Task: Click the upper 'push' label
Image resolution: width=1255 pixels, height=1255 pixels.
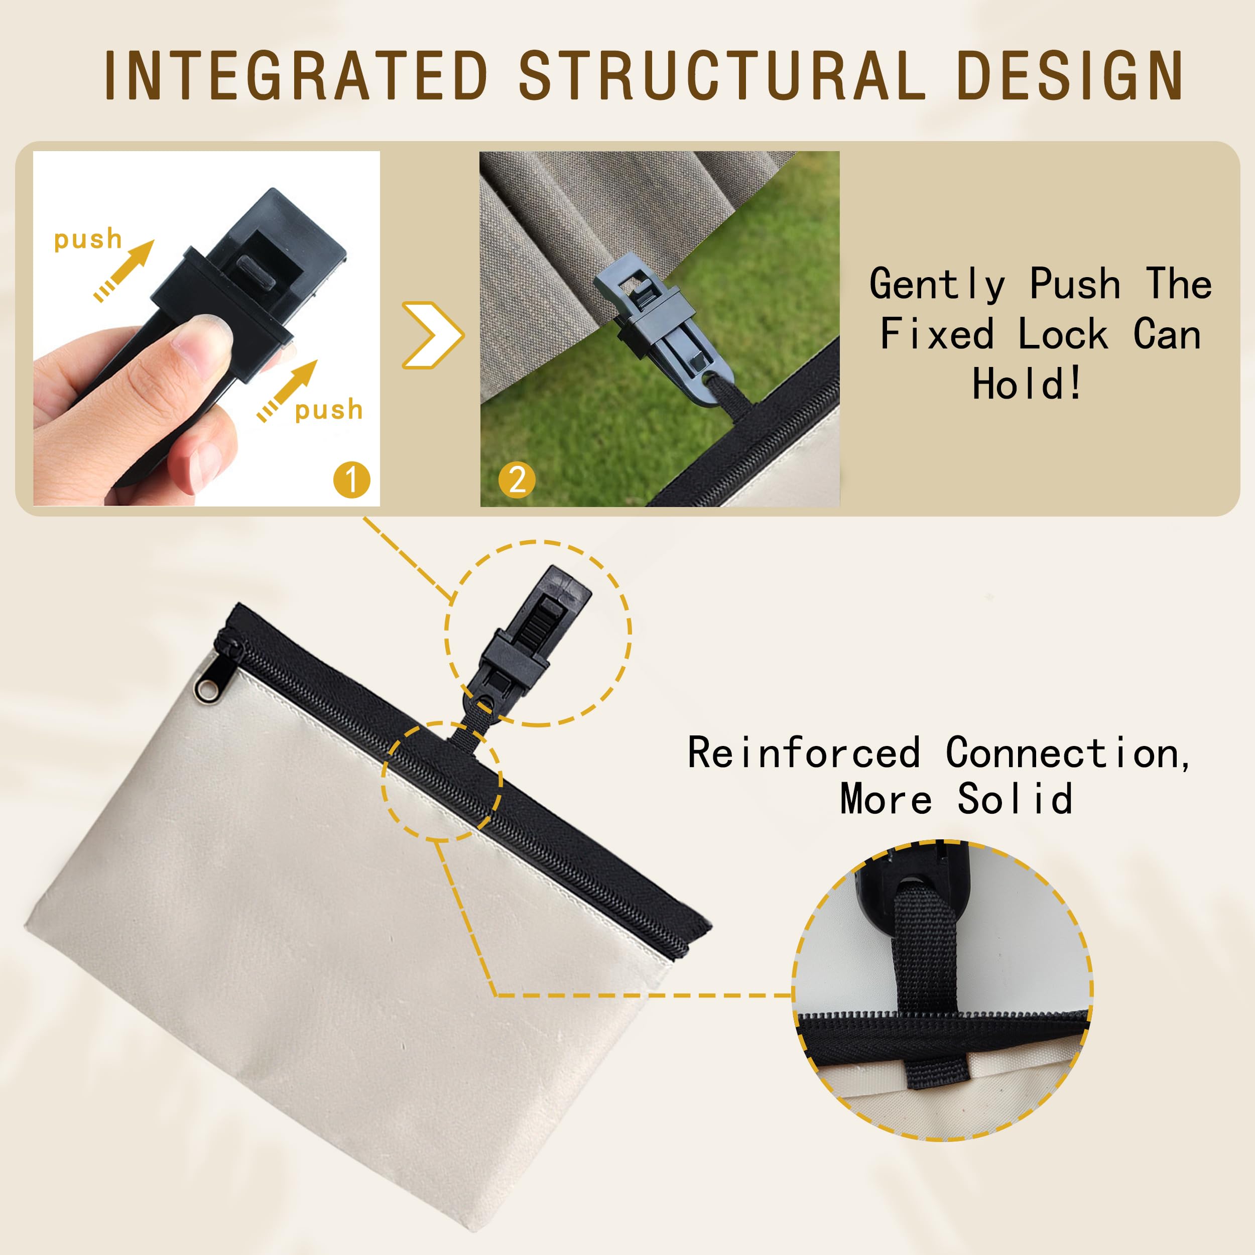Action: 88,239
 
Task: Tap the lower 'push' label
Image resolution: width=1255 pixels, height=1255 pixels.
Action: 329,410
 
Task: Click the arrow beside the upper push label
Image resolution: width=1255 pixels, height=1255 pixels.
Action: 124,270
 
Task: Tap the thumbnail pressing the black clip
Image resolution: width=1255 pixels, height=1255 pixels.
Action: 206,329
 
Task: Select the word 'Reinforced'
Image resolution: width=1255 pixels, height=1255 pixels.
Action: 804,753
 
